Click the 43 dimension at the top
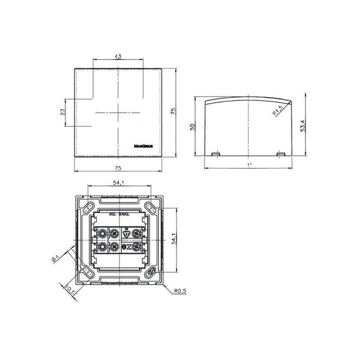point(118,57)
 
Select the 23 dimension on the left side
point(63,112)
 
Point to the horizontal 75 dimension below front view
point(118,168)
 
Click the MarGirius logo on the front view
point(145,146)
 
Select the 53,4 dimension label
point(304,126)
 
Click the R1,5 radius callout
point(278,110)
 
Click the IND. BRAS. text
point(120,215)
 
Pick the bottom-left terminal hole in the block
point(103,247)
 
